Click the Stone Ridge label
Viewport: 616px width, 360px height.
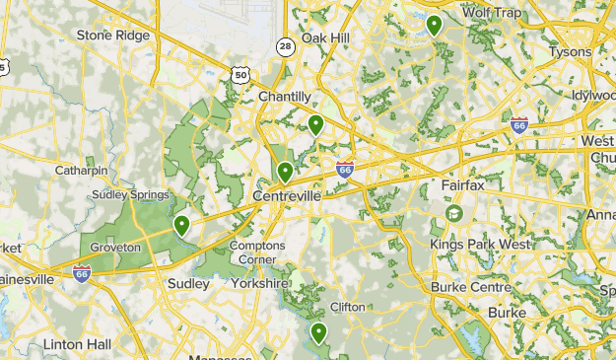(113, 36)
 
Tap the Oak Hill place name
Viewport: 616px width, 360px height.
(325, 37)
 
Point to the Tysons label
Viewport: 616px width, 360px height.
(570, 51)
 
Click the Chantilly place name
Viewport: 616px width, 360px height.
(285, 97)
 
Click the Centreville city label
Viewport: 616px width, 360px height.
(287, 197)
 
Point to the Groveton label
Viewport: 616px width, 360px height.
(115, 247)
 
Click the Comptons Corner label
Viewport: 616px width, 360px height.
(258, 252)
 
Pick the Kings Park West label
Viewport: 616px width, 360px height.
(480, 244)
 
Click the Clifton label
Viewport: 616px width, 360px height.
(348, 307)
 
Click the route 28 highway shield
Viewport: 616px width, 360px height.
(285, 46)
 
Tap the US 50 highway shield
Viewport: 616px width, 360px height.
(241, 73)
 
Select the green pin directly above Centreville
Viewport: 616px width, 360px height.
(286, 172)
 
